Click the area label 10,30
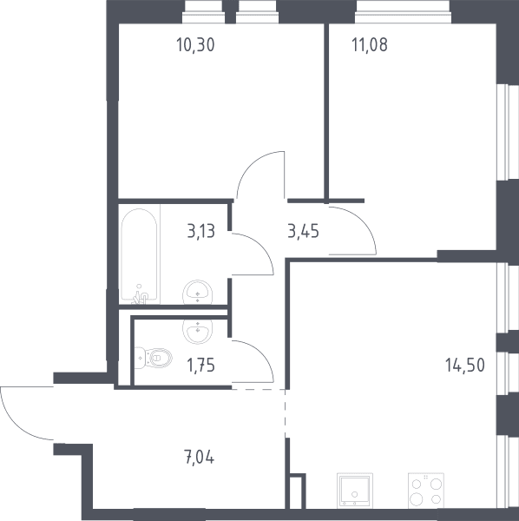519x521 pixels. point(195,45)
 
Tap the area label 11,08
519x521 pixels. point(370,45)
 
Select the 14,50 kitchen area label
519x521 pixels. point(465,365)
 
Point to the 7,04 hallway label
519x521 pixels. point(199,457)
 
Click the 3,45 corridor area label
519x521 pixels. point(303,231)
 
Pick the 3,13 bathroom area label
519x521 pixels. point(201,231)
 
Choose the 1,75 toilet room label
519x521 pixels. point(200,366)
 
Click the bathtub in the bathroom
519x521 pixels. point(139,256)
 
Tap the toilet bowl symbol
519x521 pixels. point(154,358)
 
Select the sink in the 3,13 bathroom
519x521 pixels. point(198,292)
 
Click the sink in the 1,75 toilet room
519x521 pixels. point(198,332)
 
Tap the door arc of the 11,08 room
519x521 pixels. point(365,221)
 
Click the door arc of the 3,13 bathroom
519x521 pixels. point(262,246)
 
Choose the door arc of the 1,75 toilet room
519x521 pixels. point(262,353)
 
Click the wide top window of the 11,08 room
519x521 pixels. point(403,12)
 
